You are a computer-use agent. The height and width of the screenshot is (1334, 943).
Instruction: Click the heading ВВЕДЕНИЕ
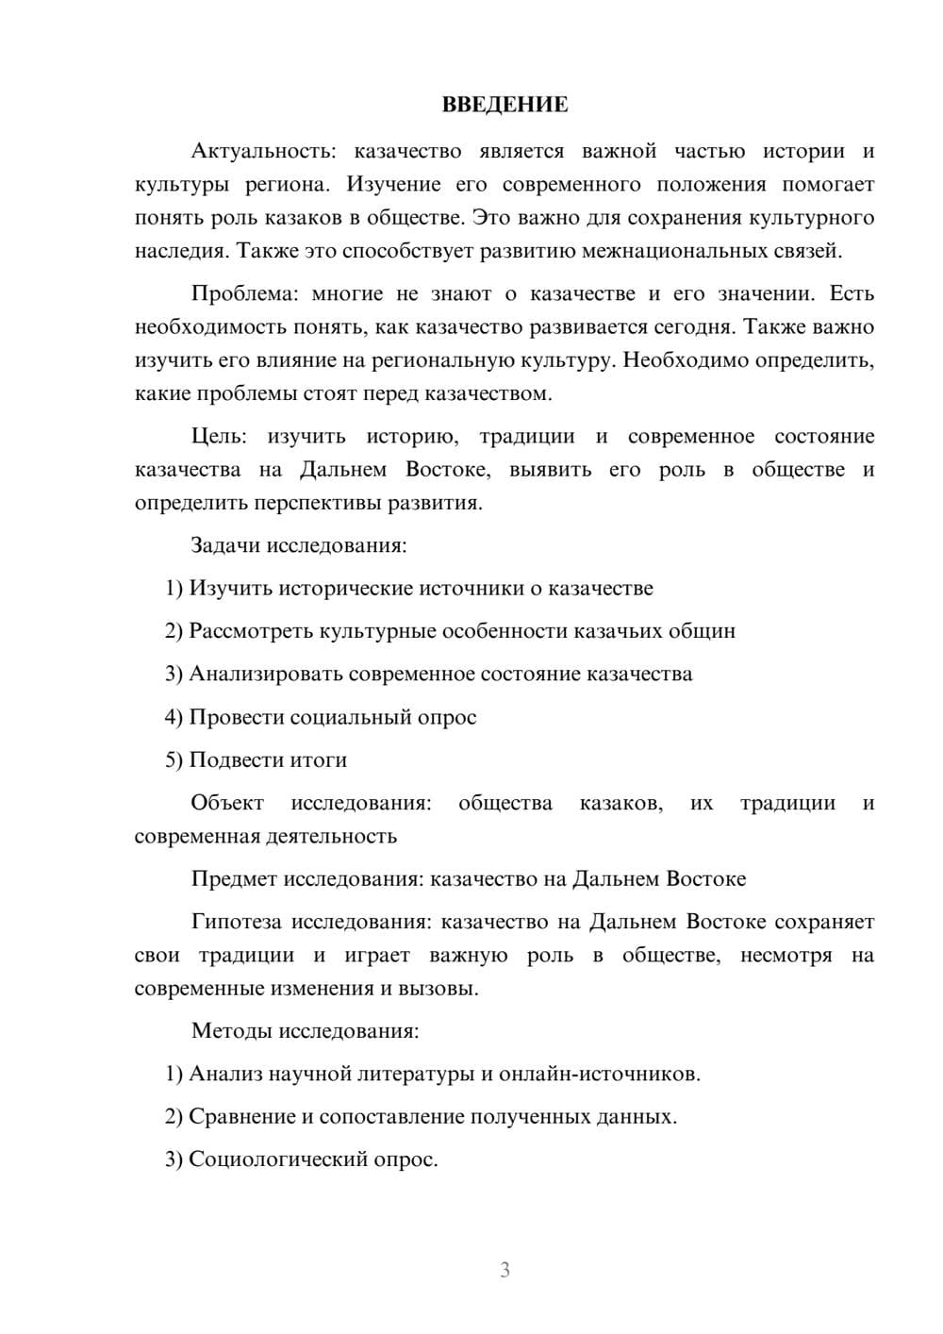[x=505, y=105]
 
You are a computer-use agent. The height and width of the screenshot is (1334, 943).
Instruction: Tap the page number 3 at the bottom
[x=505, y=1270]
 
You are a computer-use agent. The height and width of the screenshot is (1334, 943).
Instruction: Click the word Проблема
[x=243, y=293]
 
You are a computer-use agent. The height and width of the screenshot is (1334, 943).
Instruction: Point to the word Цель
[x=218, y=436]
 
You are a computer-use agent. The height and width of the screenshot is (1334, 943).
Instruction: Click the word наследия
[x=181, y=251]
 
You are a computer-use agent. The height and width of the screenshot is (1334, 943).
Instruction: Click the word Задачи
[x=226, y=545]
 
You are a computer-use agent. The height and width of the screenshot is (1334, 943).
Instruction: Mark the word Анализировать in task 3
[x=266, y=674]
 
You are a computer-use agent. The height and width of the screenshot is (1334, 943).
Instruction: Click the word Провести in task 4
[x=237, y=717]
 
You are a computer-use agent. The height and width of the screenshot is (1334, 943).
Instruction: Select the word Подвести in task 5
[x=238, y=759]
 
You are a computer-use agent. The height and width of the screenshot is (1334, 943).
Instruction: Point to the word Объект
[x=227, y=803]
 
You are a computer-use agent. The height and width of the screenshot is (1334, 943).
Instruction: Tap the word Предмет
[x=235, y=878]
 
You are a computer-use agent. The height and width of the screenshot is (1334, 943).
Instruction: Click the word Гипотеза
[x=238, y=922]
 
